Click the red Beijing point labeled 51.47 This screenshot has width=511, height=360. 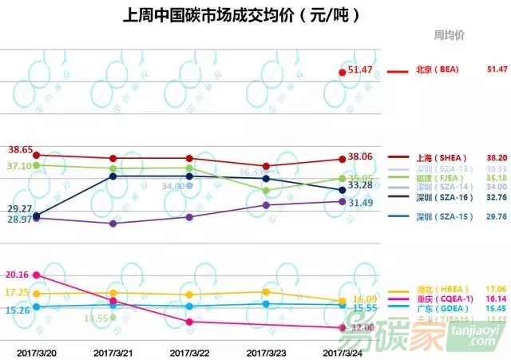pyautogui.click(x=343, y=73)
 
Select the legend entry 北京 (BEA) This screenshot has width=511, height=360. pyautogui.click(x=435, y=70)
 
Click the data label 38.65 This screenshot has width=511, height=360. pyautogui.click(x=20, y=150)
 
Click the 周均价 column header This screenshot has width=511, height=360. pyautogui.click(x=450, y=35)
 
